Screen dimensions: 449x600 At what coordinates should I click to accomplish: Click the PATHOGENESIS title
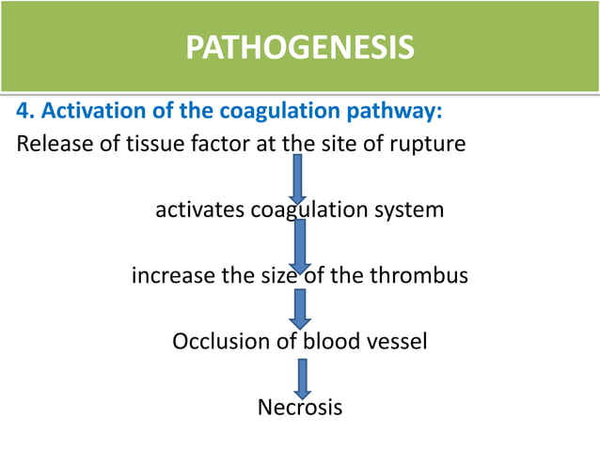click(x=299, y=47)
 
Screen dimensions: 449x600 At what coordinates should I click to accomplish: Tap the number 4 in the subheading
click(x=22, y=113)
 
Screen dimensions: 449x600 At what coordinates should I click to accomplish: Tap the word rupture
click(x=430, y=146)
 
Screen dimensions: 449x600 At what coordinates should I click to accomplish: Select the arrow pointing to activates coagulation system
click(x=299, y=178)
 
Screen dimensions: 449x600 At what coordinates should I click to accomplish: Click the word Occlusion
click(x=220, y=341)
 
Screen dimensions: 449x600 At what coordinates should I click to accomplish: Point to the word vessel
click(x=400, y=341)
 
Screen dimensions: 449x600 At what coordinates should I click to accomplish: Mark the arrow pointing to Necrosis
click(x=301, y=378)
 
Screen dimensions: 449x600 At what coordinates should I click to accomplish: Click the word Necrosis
click(x=299, y=408)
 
